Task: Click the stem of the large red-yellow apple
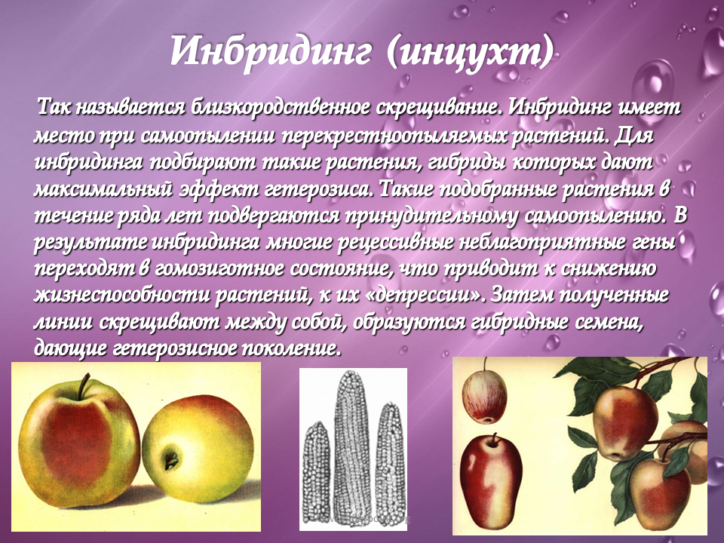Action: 83,386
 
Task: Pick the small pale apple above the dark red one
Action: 484,397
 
